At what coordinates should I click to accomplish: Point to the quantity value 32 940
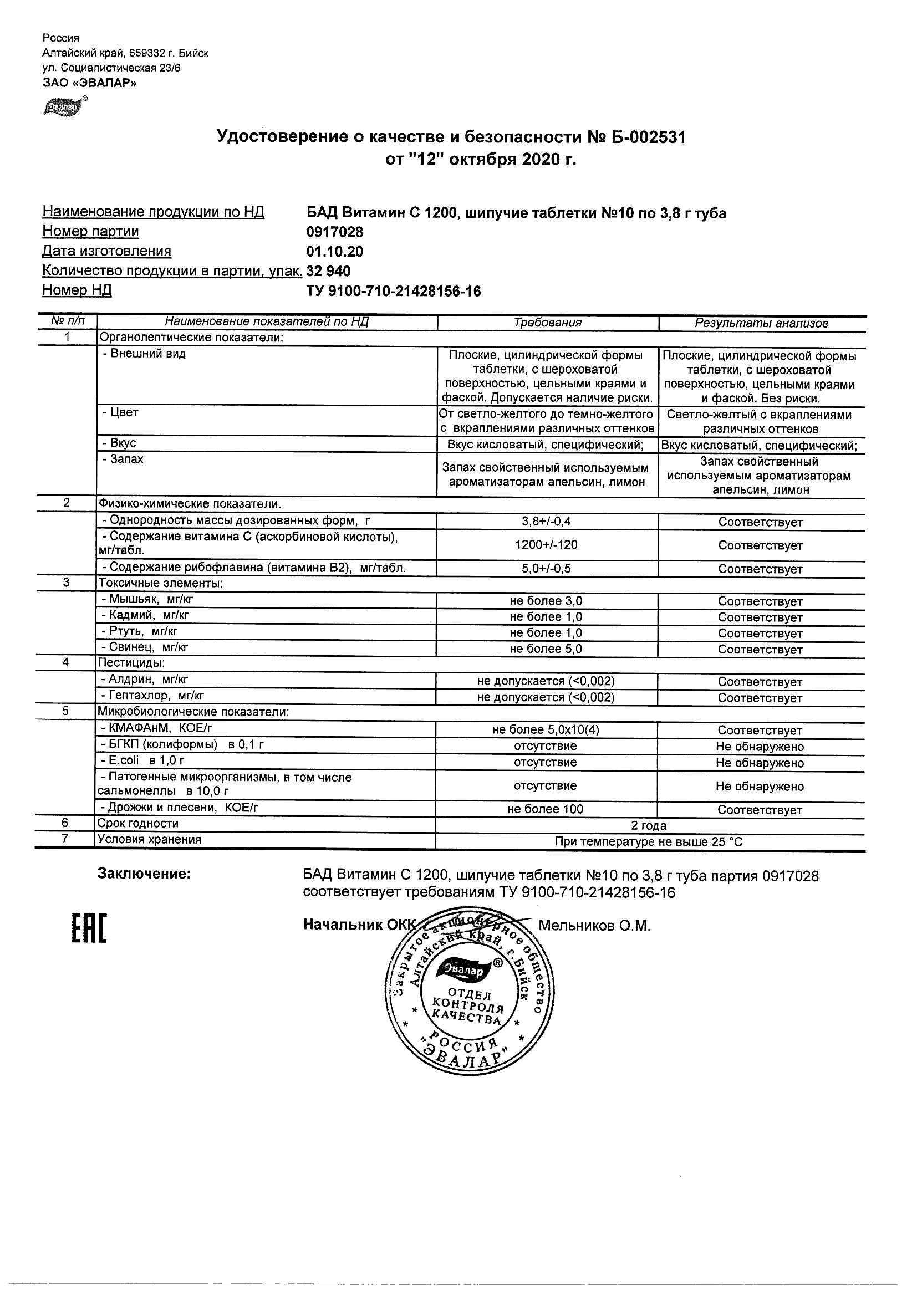pos(328,271)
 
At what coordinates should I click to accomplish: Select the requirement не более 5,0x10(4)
pos(545,729)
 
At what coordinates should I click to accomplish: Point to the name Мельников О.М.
pos(594,926)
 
